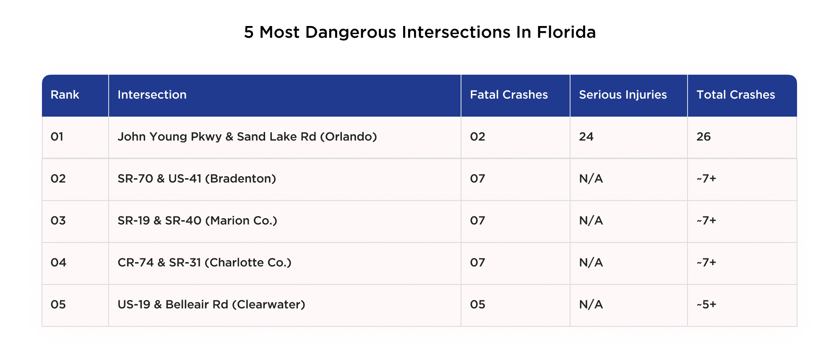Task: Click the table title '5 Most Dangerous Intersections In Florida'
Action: (419, 32)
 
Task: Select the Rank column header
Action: (65, 95)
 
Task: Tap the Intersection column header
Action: (152, 95)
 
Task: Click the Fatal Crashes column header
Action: (508, 95)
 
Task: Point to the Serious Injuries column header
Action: (623, 95)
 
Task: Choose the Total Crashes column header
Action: (735, 95)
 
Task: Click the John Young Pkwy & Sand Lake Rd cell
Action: (247, 137)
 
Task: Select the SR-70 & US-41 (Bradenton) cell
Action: (197, 179)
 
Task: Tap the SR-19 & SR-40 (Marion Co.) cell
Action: (197, 221)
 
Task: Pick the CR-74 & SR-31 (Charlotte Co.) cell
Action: (204, 263)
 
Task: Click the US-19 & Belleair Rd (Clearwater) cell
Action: (211, 305)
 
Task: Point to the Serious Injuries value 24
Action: (586, 137)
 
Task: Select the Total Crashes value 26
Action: (704, 137)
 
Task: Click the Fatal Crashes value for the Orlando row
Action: (477, 137)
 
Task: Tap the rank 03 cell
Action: (58, 221)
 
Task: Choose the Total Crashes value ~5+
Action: (706, 305)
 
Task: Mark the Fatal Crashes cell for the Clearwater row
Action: (477, 305)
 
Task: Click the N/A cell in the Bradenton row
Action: (591, 179)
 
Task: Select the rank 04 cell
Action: (58, 263)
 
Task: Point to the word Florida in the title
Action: (566, 32)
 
